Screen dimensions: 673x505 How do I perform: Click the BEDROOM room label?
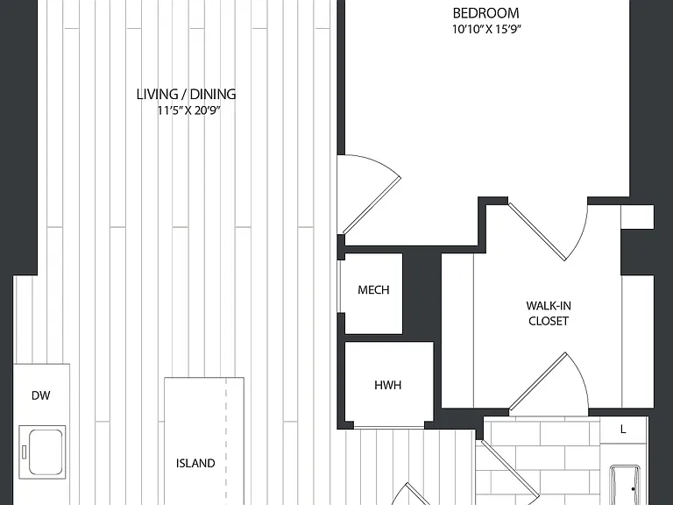485,13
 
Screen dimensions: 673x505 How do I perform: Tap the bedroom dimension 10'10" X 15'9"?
486,29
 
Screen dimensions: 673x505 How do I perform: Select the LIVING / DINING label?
187,95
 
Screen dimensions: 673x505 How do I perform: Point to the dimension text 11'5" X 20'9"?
189,110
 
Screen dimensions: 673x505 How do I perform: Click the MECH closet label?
373,290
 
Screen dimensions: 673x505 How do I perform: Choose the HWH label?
388,385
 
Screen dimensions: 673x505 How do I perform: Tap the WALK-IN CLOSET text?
549,314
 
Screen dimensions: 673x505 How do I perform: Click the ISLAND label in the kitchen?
195,463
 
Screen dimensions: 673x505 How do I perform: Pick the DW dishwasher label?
41,395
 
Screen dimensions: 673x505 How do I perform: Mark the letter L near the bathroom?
623,429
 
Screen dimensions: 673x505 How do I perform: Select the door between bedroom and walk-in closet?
536,231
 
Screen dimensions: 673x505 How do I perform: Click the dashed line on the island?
226,442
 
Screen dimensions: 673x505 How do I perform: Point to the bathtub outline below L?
625,485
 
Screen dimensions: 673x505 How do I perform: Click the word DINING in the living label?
213,95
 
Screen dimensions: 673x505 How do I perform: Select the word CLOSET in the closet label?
549,321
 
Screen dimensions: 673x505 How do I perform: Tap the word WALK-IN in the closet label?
549,306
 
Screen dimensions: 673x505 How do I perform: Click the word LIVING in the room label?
157,95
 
